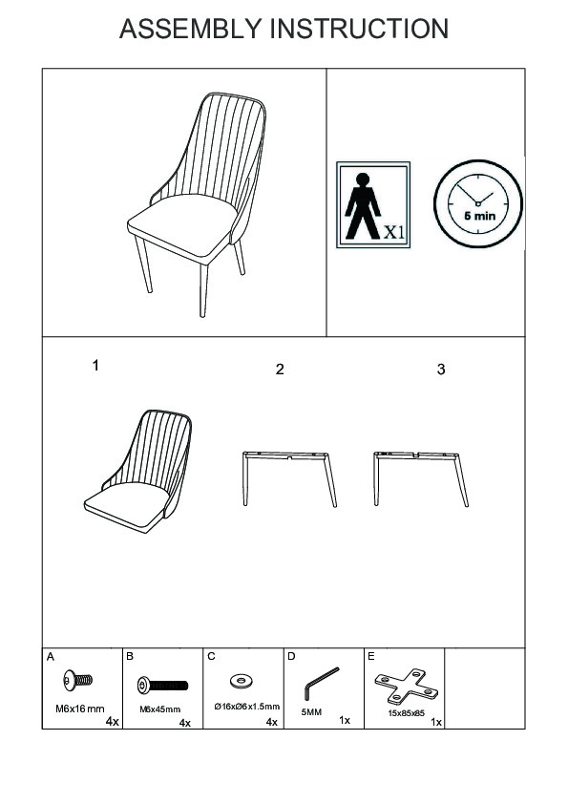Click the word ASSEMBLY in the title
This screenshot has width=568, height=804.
190,29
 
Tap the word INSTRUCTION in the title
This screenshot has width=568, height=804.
359,29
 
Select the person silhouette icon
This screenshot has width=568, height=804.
363,206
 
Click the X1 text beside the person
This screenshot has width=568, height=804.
394,232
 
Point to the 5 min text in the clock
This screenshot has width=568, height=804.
480,216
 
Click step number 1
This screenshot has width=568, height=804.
95,366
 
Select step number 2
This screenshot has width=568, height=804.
280,370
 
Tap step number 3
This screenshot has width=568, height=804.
441,370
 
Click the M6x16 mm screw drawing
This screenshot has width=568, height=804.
78,681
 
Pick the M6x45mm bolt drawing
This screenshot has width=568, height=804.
163,685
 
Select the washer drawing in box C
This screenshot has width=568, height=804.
240,681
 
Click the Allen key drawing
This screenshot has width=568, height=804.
322,684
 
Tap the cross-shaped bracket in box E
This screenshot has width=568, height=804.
407,686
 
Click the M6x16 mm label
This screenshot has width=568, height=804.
80,709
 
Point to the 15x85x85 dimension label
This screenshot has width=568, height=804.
407,713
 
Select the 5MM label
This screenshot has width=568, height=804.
311,712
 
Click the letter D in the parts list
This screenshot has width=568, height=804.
292,656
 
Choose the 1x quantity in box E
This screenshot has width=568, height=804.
436,722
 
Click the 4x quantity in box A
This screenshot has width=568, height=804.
113,722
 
